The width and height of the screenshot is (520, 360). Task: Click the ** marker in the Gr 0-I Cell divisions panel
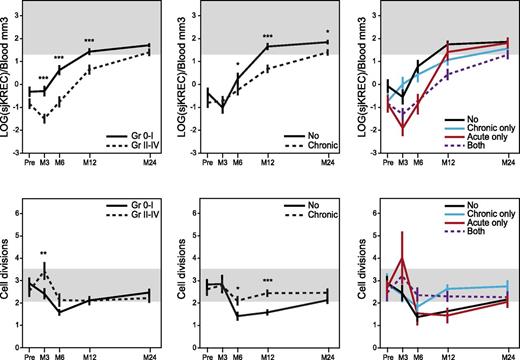pyautogui.click(x=44, y=254)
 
